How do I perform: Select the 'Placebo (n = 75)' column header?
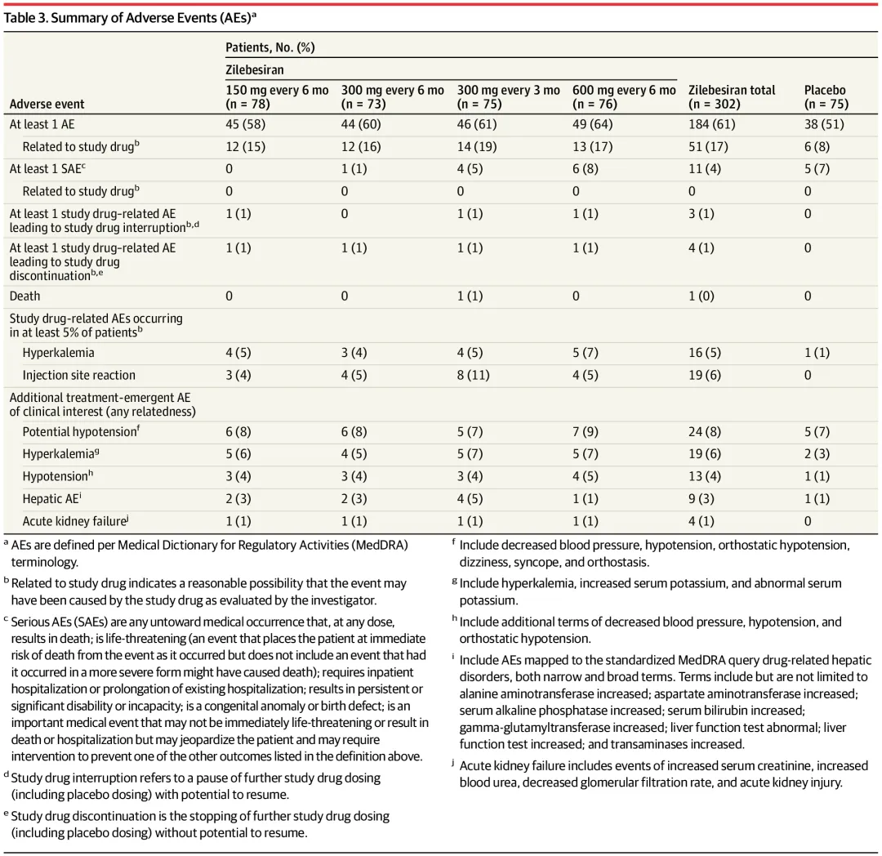826,97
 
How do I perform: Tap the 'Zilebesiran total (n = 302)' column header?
731,97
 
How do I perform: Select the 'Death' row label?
24,296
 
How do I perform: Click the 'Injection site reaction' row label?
79,375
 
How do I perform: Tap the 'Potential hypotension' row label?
80,431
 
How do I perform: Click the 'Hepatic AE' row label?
54,498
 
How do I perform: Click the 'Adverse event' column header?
47,105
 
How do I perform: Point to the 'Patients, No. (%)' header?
270,47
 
